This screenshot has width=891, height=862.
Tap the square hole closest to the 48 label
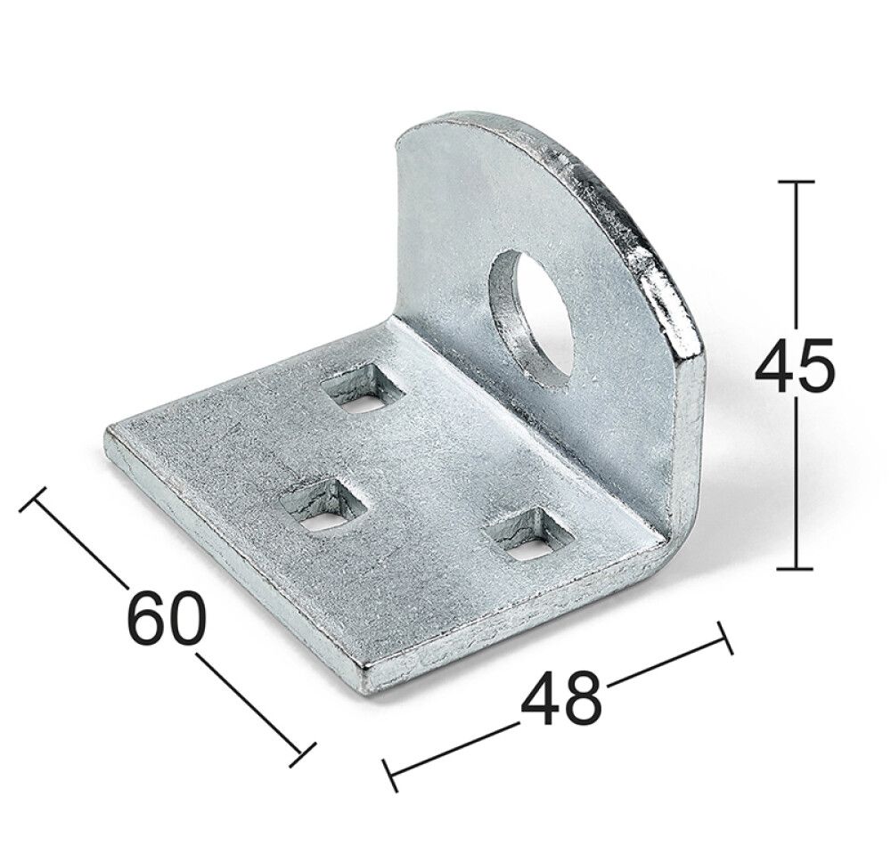(526, 538)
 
